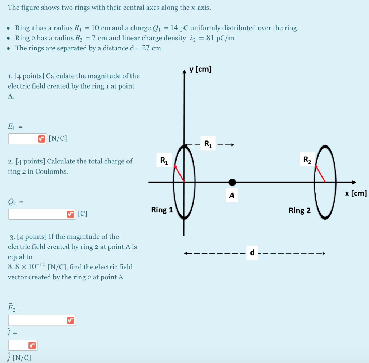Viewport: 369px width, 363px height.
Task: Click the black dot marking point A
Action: click(x=232, y=182)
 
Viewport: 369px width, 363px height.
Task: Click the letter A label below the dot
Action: click(x=231, y=196)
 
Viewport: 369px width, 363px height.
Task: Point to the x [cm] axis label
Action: click(x=356, y=193)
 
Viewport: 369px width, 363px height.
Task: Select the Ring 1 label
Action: click(x=162, y=210)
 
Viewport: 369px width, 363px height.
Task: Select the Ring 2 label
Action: click(x=299, y=210)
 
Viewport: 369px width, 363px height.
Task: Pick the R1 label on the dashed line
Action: click(x=208, y=144)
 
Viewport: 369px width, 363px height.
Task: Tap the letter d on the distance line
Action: click(x=252, y=253)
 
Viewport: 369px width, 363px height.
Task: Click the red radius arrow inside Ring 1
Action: click(x=179, y=173)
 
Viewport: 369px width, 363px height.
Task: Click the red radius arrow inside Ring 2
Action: click(x=320, y=173)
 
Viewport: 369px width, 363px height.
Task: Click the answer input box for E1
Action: click(x=23, y=139)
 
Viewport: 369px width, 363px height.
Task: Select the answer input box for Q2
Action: click(x=38, y=214)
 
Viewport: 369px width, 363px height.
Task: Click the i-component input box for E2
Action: click(x=38, y=320)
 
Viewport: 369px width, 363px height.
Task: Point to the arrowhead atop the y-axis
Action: click(x=184, y=70)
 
